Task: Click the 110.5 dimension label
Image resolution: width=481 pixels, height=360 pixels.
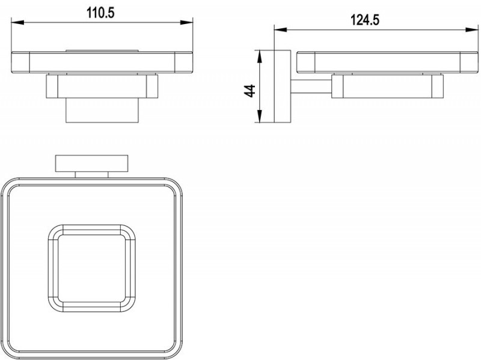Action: coord(100,13)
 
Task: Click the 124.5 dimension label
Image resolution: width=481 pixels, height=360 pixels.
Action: coord(365,20)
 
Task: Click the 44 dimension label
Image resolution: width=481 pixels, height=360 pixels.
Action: coord(250,91)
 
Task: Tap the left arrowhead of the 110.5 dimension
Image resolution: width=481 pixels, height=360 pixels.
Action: coord(17,22)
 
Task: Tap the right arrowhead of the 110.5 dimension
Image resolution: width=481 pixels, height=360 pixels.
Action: coord(186,22)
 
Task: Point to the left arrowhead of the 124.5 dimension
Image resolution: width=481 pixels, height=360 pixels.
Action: coord(280,29)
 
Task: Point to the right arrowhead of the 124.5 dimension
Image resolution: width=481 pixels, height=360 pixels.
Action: coord(472,29)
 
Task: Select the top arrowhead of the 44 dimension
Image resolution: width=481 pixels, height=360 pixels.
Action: coord(259,56)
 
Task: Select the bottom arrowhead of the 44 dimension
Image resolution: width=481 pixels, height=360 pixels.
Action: coord(259,117)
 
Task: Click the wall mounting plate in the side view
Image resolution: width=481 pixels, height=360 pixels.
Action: coord(282,87)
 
